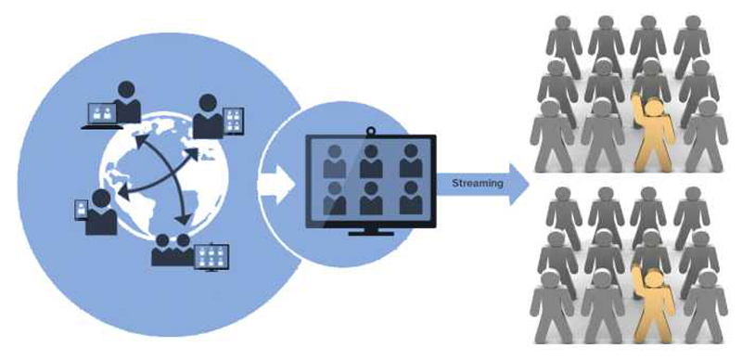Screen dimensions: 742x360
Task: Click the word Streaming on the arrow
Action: [477, 184]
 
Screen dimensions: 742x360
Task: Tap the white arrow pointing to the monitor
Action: [276, 185]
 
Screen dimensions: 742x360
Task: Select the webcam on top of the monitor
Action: [370, 131]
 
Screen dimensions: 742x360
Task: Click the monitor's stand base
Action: [371, 233]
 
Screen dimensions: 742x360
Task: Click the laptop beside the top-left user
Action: [102, 116]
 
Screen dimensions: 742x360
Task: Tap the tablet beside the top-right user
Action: [233, 122]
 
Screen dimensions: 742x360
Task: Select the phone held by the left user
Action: [82, 210]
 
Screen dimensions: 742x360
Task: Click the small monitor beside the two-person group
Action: [211, 257]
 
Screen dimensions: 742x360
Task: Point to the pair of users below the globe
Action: [173, 250]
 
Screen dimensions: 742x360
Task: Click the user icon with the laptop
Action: [127, 102]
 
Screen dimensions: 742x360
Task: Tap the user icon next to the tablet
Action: [208, 117]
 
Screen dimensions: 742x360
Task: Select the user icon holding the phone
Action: [101, 212]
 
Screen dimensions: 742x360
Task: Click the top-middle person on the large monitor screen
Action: [371, 161]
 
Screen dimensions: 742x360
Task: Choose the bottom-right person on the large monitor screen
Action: [411, 198]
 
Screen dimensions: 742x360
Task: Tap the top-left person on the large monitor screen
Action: [335, 161]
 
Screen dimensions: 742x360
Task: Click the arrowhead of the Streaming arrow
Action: [518, 185]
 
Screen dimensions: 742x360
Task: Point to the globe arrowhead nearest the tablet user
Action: [191, 154]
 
